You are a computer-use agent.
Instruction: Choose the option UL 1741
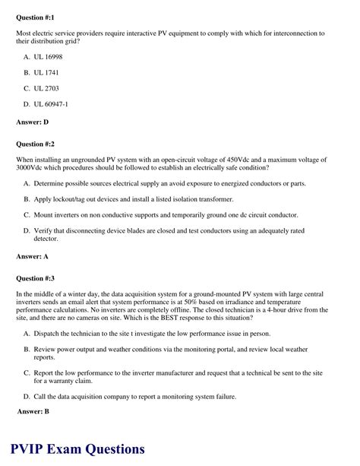(46, 73)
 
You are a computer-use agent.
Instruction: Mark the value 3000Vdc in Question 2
(32, 167)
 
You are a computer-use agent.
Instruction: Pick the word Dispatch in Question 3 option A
(49, 334)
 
